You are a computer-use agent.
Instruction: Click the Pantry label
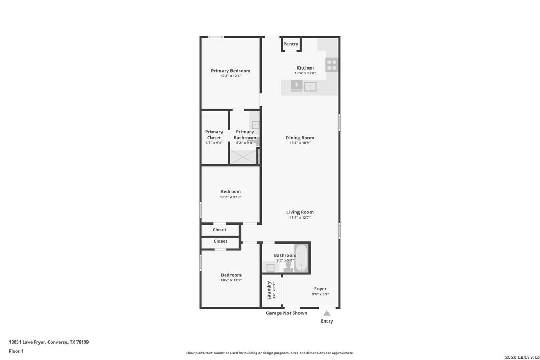pyautogui.click(x=291, y=44)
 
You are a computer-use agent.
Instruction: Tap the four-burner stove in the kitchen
pyautogui.click(x=332, y=65)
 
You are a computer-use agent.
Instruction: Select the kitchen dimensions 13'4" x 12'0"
pyautogui.click(x=305, y=73)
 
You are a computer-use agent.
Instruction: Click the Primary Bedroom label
pyautogui.click(x=231, y=71)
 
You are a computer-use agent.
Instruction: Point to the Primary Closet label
pyautogui.click(x=214, y=134)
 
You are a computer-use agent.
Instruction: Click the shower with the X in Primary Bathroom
pyautogui.click(x=243, y=157)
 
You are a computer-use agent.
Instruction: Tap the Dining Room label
pyautogui.click(x=300, y=138)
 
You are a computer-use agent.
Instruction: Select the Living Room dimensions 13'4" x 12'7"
pyautogui.click(x=300, y=218)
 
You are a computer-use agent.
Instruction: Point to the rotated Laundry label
pyautogui.click(x=269, y=290)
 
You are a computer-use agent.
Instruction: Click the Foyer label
pyautogui.click(x=320, y=289)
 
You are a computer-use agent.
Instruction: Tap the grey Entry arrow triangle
pyautogui.click(x=327, y=313)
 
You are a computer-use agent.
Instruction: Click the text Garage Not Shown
pyautogui.click(x=286, y=313)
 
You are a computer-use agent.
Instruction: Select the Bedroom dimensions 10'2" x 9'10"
pyautogui.click(x=231, y=197)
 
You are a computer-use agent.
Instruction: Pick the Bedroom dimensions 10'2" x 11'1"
pyautogui.click(x=231, y=280)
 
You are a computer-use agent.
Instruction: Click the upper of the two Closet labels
pyautogui.click(x=219, y=230)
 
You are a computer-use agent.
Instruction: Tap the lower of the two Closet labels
pyautogui.click(x=220, y=241)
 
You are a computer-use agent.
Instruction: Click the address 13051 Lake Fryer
pyautogui.click(x=27, y=342)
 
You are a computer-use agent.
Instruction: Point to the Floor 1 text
pyautogui.click(x=16, y=351)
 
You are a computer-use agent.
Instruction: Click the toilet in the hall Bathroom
pyautogui.click(x=288, y=267)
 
